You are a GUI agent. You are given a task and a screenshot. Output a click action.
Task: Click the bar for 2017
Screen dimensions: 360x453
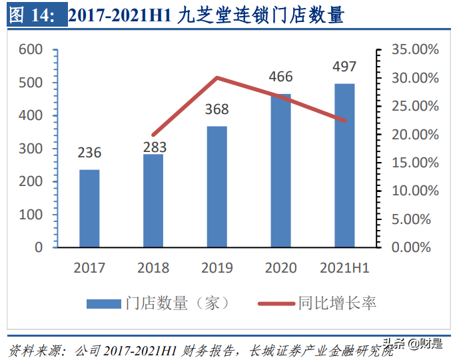(89, 208)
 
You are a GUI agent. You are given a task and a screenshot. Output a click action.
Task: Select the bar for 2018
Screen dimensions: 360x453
(153, 201)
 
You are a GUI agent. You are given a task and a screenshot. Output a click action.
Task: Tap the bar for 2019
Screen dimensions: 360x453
(217, 187)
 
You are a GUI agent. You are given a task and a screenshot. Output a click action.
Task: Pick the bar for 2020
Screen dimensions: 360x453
(280, 171)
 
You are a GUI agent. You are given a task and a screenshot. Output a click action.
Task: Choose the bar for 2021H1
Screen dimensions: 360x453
(344, 165)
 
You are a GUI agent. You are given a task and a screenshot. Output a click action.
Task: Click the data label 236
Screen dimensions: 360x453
(89, 153)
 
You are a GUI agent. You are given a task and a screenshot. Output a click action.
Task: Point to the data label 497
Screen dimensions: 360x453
(344, 67)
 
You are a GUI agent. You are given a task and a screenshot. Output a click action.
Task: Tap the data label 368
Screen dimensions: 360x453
(217, 109)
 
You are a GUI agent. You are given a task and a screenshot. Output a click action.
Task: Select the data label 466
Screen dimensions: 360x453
(280, 77)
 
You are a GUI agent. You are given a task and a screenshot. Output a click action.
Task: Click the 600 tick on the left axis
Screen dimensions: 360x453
(31, 50)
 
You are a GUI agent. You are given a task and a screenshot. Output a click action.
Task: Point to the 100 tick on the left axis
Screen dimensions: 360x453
(31, 215)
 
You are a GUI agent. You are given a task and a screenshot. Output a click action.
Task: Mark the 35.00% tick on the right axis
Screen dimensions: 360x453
(415, 50)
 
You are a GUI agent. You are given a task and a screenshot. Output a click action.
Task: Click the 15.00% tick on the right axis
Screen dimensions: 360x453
(415, 163)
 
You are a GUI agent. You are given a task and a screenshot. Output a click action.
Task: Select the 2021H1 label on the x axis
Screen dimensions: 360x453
(344, 268)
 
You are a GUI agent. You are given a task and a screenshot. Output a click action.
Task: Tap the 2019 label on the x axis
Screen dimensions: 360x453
(217, 268)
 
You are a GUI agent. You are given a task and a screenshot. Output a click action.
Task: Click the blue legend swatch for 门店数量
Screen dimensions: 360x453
(103, 303)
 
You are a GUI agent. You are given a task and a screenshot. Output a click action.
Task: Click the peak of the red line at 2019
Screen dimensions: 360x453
(217, 77)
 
